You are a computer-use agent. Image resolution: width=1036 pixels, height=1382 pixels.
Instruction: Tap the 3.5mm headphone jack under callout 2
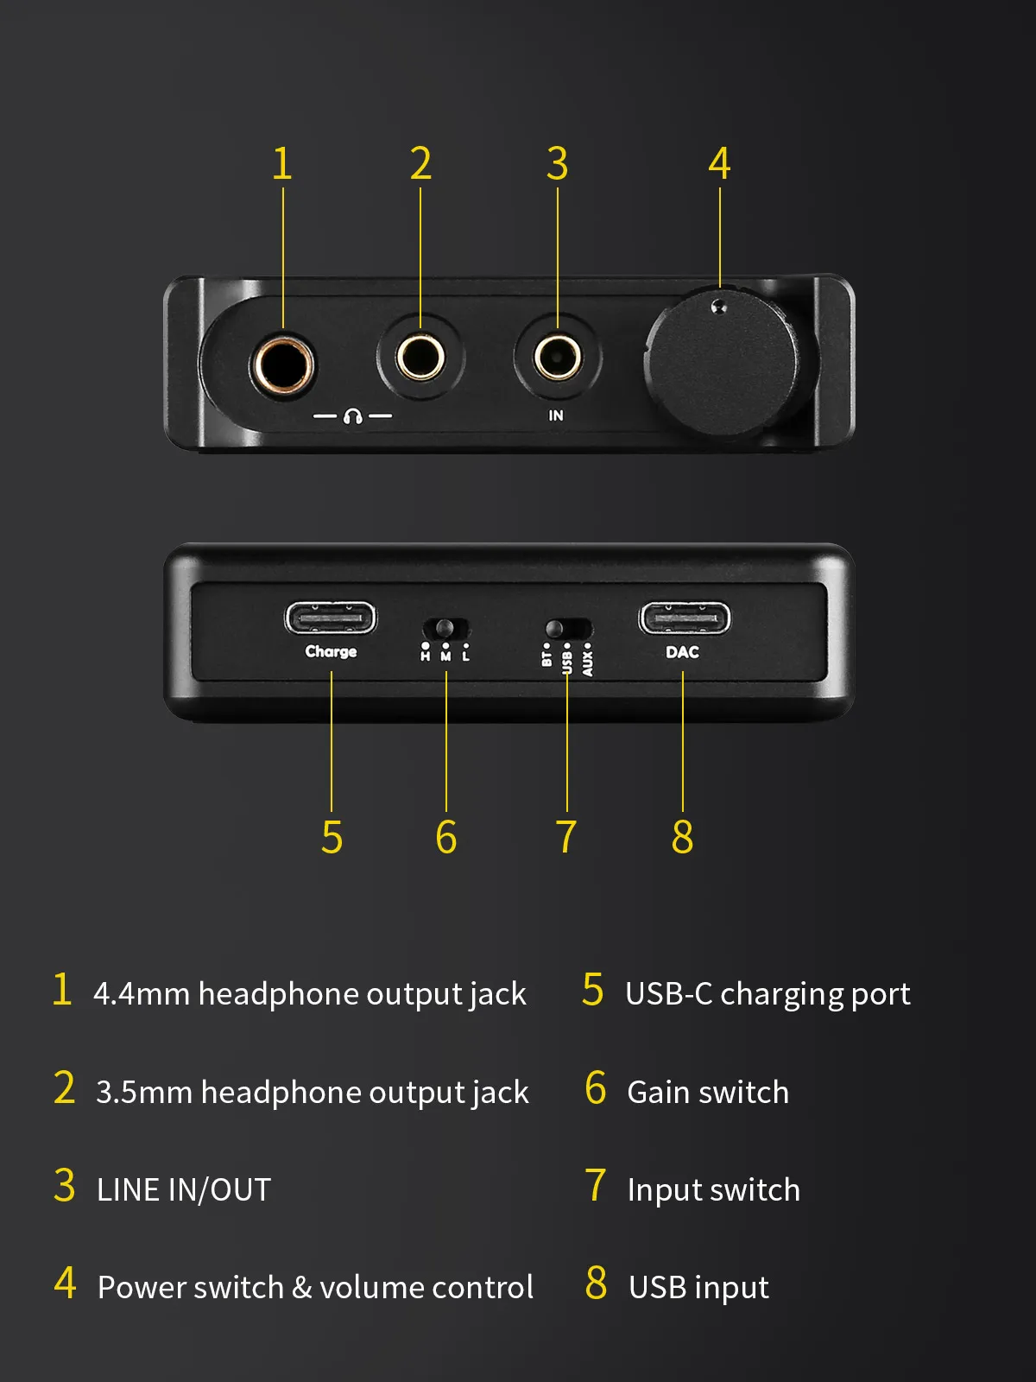420,358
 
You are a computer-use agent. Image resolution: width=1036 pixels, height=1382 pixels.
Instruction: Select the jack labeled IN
558,358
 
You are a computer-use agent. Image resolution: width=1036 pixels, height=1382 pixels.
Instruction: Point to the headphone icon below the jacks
352,416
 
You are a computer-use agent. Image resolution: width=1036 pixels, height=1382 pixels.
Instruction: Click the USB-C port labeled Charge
331,618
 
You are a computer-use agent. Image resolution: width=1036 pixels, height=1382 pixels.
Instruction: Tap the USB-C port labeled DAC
685,618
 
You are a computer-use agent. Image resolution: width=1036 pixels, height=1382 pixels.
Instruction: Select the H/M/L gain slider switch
445,628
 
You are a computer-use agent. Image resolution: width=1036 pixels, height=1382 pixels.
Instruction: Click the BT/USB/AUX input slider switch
568,628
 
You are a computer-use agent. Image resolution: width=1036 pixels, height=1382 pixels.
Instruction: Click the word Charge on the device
331,651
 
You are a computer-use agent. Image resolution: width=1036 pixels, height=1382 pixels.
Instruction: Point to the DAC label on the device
683,651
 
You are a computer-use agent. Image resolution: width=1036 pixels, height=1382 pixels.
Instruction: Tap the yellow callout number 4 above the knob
720,164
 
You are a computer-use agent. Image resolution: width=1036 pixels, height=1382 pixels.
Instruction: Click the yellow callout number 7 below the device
566,837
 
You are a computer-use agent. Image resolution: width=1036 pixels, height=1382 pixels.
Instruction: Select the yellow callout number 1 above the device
281,164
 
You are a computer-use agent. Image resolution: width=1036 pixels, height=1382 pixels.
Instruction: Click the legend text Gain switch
708,1092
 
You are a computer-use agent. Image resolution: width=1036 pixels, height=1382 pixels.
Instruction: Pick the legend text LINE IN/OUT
184,1190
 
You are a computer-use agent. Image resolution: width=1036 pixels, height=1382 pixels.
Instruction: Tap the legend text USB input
698,1288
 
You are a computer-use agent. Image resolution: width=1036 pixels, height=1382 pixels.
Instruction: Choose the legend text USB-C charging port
768,994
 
